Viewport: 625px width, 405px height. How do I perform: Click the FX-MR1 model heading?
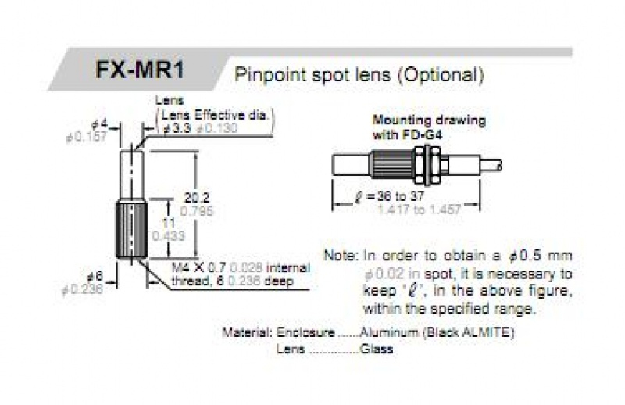click(141, 69)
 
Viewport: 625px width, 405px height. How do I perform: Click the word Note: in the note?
click(342, 256)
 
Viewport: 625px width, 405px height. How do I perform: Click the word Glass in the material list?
click(377, 349)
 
